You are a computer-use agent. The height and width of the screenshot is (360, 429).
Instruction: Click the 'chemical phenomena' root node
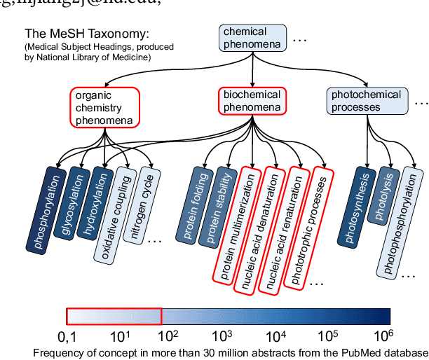click(x=252, y=37)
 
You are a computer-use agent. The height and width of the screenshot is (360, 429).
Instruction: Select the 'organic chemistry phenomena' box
click(x=104, y=109)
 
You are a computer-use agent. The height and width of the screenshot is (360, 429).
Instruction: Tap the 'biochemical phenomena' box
click(x=252, y=102)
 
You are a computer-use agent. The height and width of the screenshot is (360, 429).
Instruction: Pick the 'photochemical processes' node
click(x=366, y=102)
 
